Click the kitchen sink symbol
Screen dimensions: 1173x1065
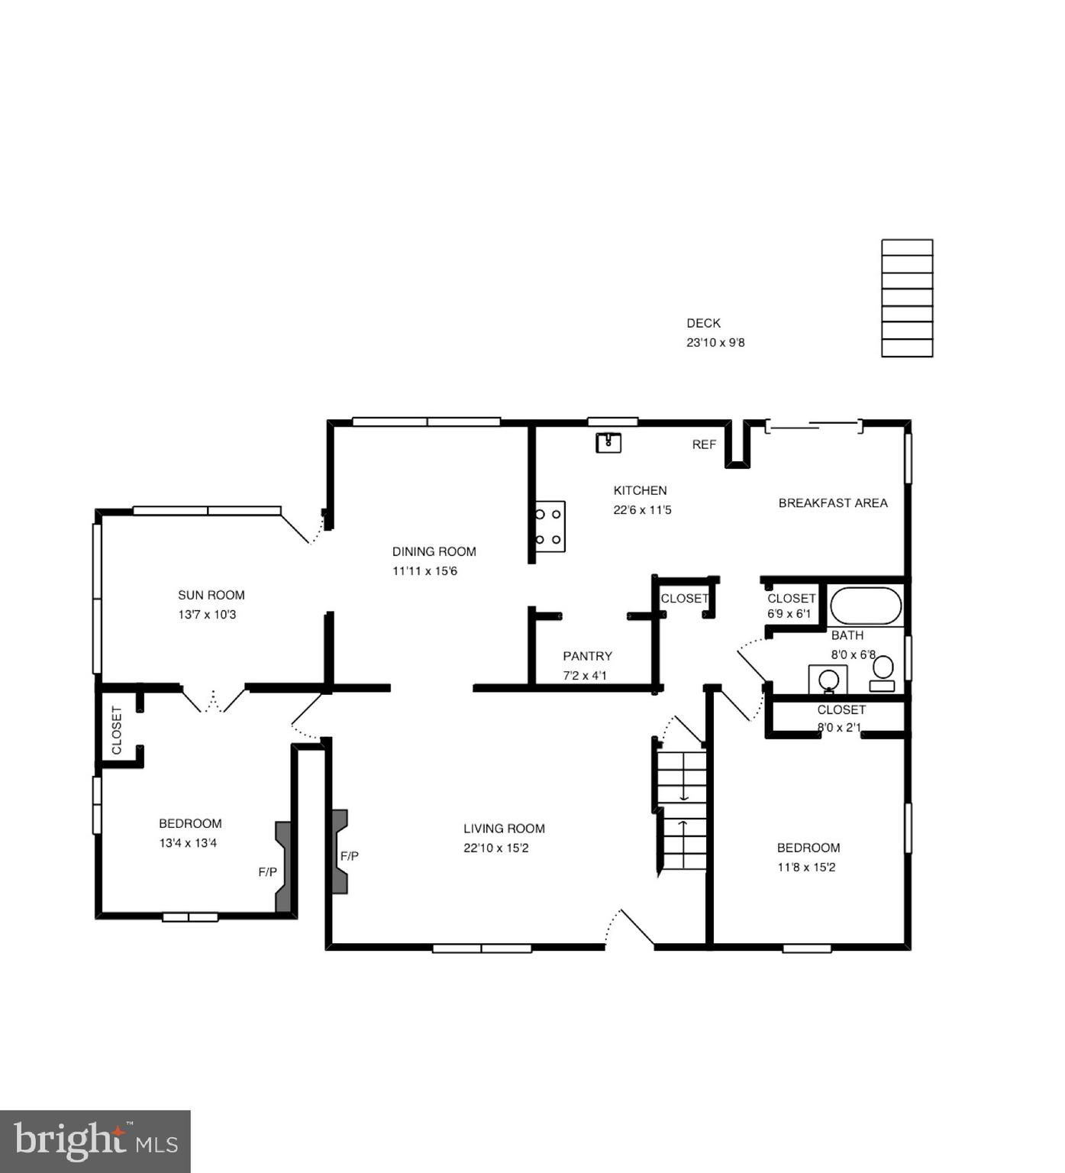pyautogui.click(x=608, y=442)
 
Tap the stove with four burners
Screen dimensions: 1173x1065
pyautogui.click(x=549, y=526)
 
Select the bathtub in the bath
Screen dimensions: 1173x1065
pyautogui.click(x=866, y=606)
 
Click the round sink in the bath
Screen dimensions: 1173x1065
pyautogui.click(x=828, y=680)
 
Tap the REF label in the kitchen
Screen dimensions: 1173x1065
pyautogui.click(x=704, y=444)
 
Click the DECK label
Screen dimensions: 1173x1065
pyautogui.click(x=703, y=323)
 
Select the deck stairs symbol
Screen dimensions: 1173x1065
pyautogui.click(x=907, y=298)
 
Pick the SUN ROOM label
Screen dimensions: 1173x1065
pyautogui.click(x=211, y=595)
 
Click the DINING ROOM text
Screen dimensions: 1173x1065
pyautogui.click(x=434, y=551)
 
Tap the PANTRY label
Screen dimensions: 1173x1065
pyautogui.click(x=587, y=656)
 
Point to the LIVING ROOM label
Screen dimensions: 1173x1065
pyautogui.click(x=504, y=829)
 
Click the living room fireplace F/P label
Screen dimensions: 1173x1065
pyautogui.click(x=350, y=856)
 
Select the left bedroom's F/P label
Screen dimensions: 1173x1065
pyautogui.click(x=267, y=872)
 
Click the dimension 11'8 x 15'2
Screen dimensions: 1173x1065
pyautogui.click(x=806, y=868)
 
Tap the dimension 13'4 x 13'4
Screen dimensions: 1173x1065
pyautogui.click(x=188, y=843)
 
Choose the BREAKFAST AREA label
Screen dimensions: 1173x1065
pyautogui.click(x=833, y=503)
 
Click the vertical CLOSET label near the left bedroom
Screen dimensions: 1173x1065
pyautogui.click(x=117, y=731)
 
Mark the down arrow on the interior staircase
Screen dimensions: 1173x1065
pyautogui.click(x=684, y=794)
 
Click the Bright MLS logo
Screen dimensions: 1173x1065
pyautogui.click(x=95, y=1142)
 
